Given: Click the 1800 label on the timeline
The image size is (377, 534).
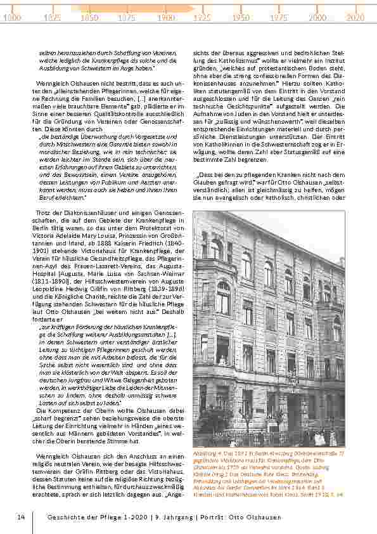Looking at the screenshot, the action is [11, 18].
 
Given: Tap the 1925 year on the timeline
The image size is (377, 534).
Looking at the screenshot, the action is [202, 18].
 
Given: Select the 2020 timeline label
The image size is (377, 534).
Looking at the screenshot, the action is [355, 18].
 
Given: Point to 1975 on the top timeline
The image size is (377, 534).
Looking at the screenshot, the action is [278, 18].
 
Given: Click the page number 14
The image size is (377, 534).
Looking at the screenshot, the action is [21, 517].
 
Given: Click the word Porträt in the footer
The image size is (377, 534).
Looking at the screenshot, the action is [218, 517].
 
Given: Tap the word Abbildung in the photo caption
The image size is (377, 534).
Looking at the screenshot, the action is [207, 453].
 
